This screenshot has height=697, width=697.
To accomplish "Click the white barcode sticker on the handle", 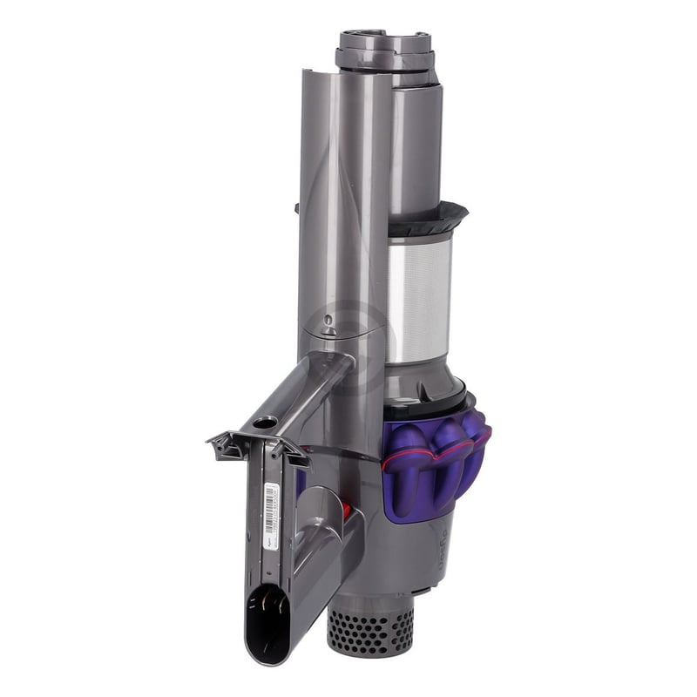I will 271,509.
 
